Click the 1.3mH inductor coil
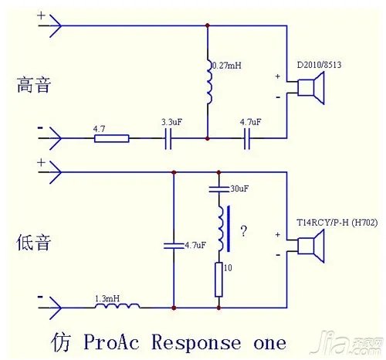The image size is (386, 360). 118,307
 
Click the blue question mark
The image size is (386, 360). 243,230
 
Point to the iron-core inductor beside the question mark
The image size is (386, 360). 222,228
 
